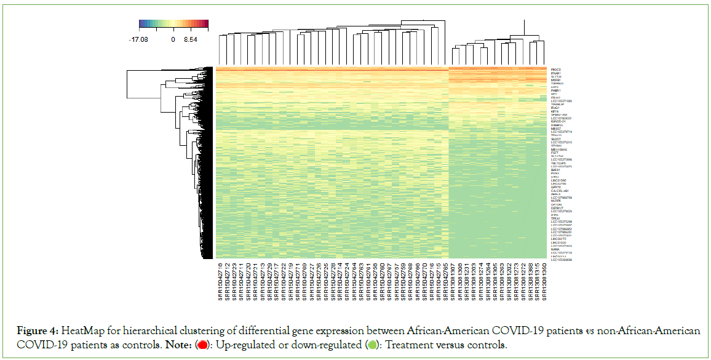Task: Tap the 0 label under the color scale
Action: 173,39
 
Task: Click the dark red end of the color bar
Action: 206,24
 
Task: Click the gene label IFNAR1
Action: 557,74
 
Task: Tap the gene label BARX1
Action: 555,170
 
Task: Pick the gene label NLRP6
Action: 555,201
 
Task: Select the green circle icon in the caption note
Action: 371,345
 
